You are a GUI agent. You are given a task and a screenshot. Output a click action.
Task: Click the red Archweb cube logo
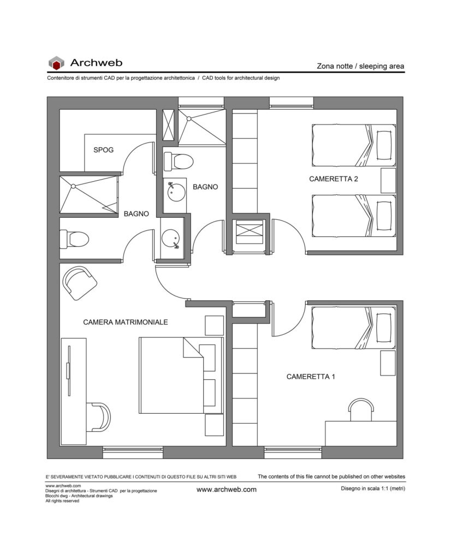[x=56, y=63]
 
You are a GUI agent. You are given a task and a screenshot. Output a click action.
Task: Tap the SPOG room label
[x=103, y=150]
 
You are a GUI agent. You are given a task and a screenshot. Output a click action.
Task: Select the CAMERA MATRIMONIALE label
[x=126, y=322]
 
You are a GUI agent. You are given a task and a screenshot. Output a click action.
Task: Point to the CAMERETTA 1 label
[x=311, y=377]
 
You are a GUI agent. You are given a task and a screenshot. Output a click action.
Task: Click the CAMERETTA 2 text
[x=334, y=179]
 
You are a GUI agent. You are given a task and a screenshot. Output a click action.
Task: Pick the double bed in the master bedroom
[x=181, y=376]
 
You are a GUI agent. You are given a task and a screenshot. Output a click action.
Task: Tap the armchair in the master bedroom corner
[x=80, y=283]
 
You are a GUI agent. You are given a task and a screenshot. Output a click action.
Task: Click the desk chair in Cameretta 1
[x=361, y=409]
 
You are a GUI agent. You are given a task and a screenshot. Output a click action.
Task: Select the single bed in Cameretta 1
[x=354, y=328]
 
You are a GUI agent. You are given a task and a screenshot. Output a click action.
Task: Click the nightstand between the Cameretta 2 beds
[x=388, y=181]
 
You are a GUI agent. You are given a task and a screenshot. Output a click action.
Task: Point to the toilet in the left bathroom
[x=74, y=239]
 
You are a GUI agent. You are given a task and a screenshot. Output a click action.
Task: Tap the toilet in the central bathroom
[x=178, y=162]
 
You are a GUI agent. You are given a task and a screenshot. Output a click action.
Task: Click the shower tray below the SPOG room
[x=89, y=195]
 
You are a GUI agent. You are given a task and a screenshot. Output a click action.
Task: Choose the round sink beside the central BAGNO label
[x=176, y=192]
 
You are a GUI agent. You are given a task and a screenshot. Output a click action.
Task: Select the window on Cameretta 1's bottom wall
[x=293, y=453]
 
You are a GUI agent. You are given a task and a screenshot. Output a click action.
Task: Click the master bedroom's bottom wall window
[x=133, y=453]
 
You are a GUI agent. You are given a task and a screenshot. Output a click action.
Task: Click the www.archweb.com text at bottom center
[x=227, y=490]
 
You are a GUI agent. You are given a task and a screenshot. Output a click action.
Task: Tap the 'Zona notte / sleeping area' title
[x=360, y=66]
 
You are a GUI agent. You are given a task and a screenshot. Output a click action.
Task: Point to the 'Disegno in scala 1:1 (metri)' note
[x=373, y=489]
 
